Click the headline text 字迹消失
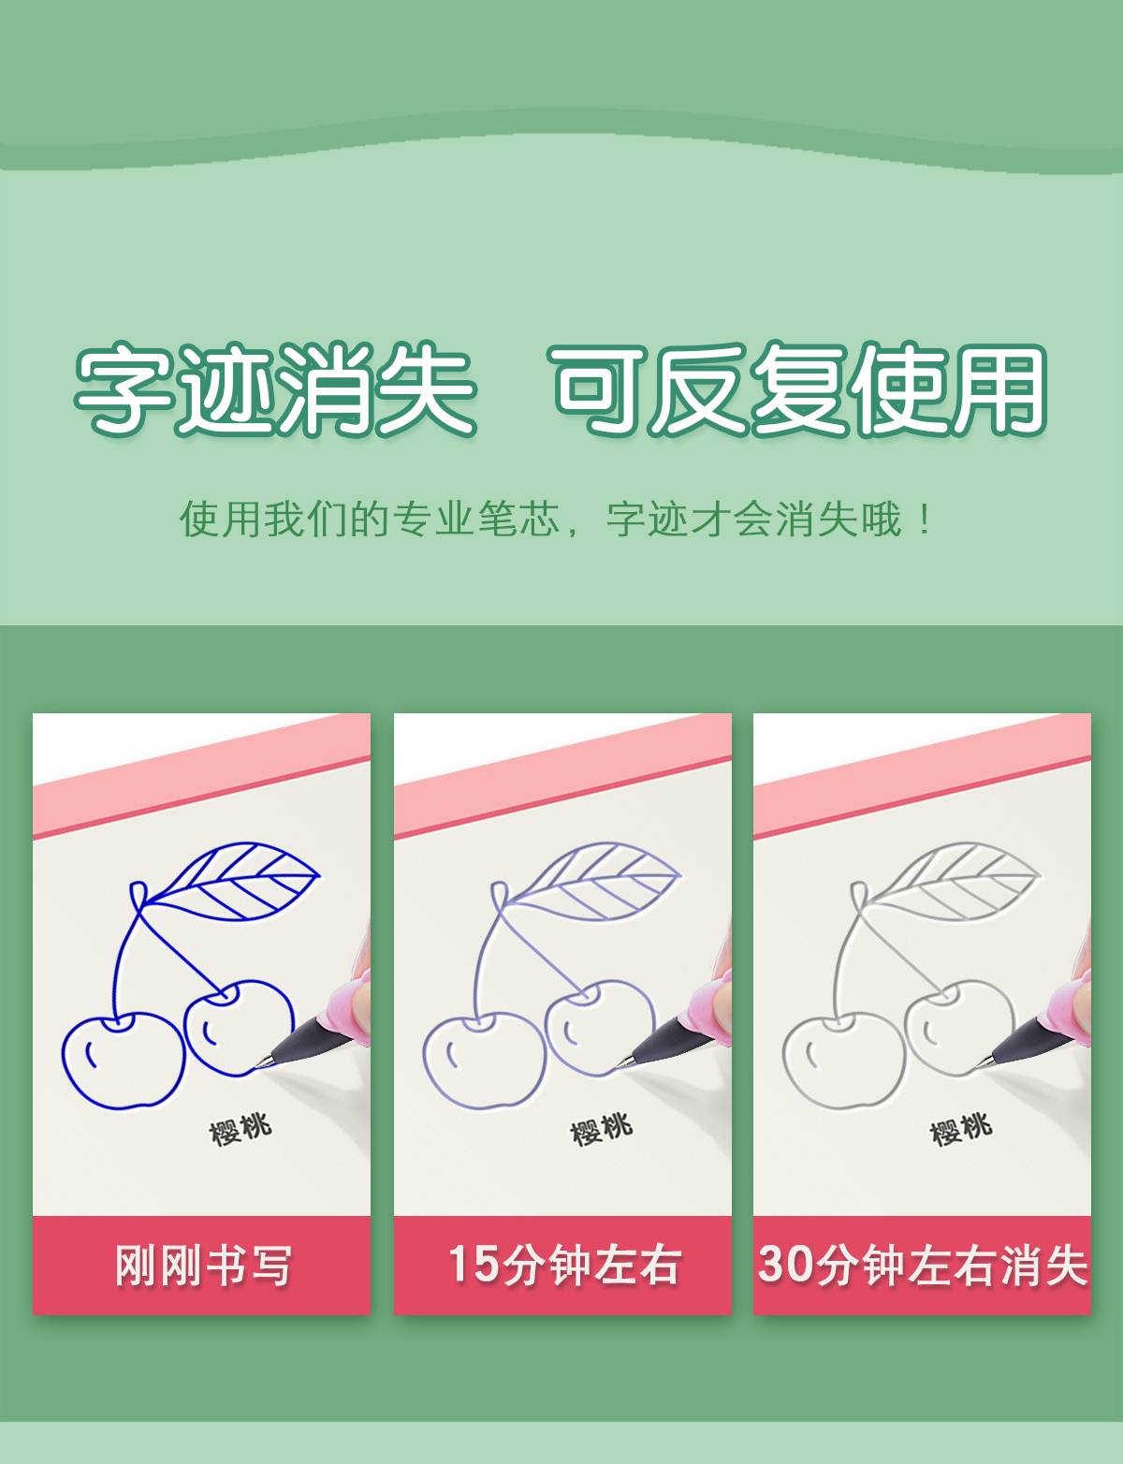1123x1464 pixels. point(275,388)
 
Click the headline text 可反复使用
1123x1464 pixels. point(798,388)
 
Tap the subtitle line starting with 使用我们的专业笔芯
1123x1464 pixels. point(556,519)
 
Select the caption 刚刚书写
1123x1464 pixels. point(203,1266)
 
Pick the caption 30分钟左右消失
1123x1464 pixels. point(923,1265)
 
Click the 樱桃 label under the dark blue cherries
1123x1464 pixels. point(241,1129)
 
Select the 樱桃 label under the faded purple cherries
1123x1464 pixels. point(601,1129)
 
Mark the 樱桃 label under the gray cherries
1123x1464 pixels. point(961,1129)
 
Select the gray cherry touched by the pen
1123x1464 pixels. point(959,1028)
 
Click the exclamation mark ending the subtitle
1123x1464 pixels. point(925,519)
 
